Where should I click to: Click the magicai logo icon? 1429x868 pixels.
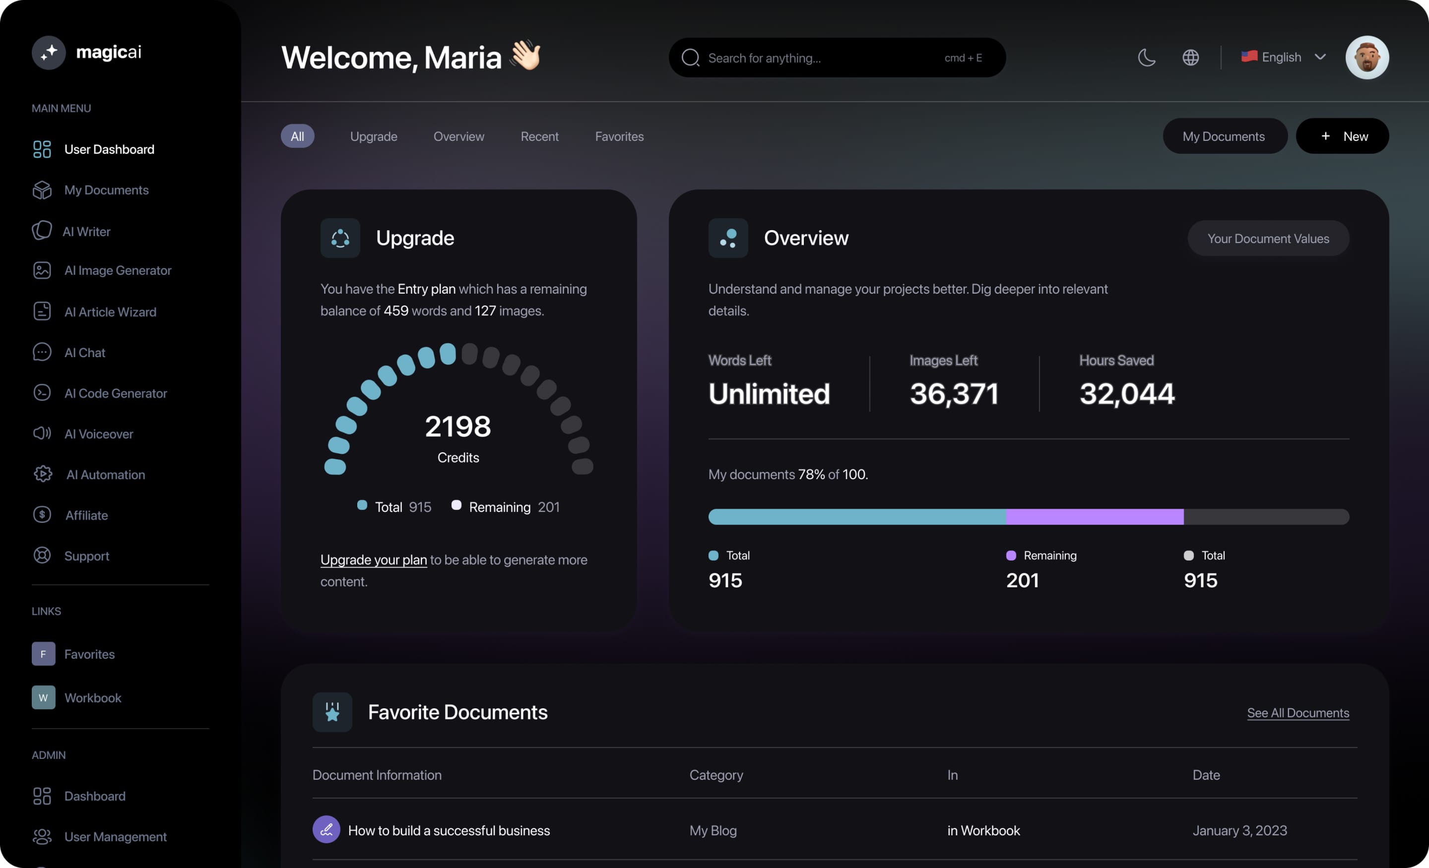coord(49,52)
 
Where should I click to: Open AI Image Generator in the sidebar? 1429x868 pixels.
coord(117,270)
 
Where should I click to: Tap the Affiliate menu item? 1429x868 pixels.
coord(86,515)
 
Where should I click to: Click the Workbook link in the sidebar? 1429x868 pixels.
coord(92,697)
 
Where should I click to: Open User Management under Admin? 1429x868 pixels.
coord(115,837)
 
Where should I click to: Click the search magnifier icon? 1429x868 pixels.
coord(690,58)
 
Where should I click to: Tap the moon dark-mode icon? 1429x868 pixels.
coord(1147,58)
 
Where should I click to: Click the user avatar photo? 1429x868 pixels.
coord(1366,58)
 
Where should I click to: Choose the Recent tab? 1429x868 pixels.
coord(539,136)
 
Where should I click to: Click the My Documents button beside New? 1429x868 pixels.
coord(1224,136)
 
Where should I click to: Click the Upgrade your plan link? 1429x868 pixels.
coord(374,559)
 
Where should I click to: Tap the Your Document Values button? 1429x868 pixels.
coord(1268,238)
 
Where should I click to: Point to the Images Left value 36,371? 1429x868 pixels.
coord(954,394)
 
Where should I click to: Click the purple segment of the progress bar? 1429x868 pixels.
coord(1095,517)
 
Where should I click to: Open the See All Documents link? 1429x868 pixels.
coord(1298,713)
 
